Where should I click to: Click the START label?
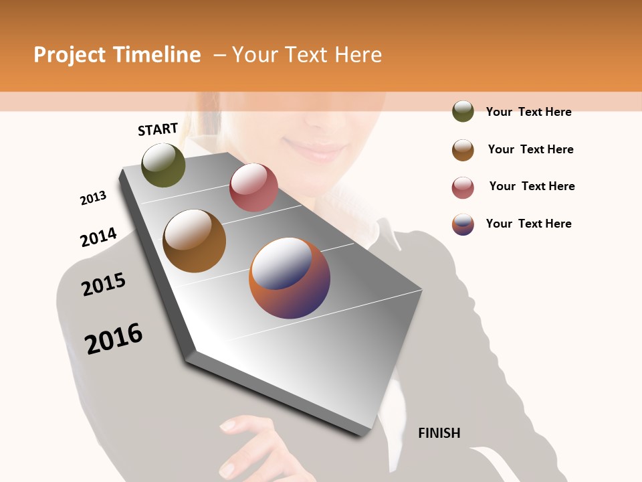coord(158,129)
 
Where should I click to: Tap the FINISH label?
coord(439,433)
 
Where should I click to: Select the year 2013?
coord(93,198)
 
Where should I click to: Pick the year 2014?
coord(98,237)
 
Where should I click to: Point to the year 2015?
coord(104,285)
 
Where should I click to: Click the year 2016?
coord(114,339)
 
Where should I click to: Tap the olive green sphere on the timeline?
coord(163,165)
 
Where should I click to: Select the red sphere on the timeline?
coord(253,187)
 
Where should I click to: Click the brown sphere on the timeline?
coord(195,241)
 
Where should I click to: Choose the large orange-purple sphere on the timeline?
coord(290,278)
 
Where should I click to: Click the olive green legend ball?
coord(463,112)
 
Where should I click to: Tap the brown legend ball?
coord(463,150)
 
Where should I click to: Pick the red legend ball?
coord(463,187)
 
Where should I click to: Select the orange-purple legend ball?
coord(463,224)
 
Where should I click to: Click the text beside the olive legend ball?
coord(528,112)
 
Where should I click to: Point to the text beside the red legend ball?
coord(532,186)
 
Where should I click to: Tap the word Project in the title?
coord(70,55)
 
